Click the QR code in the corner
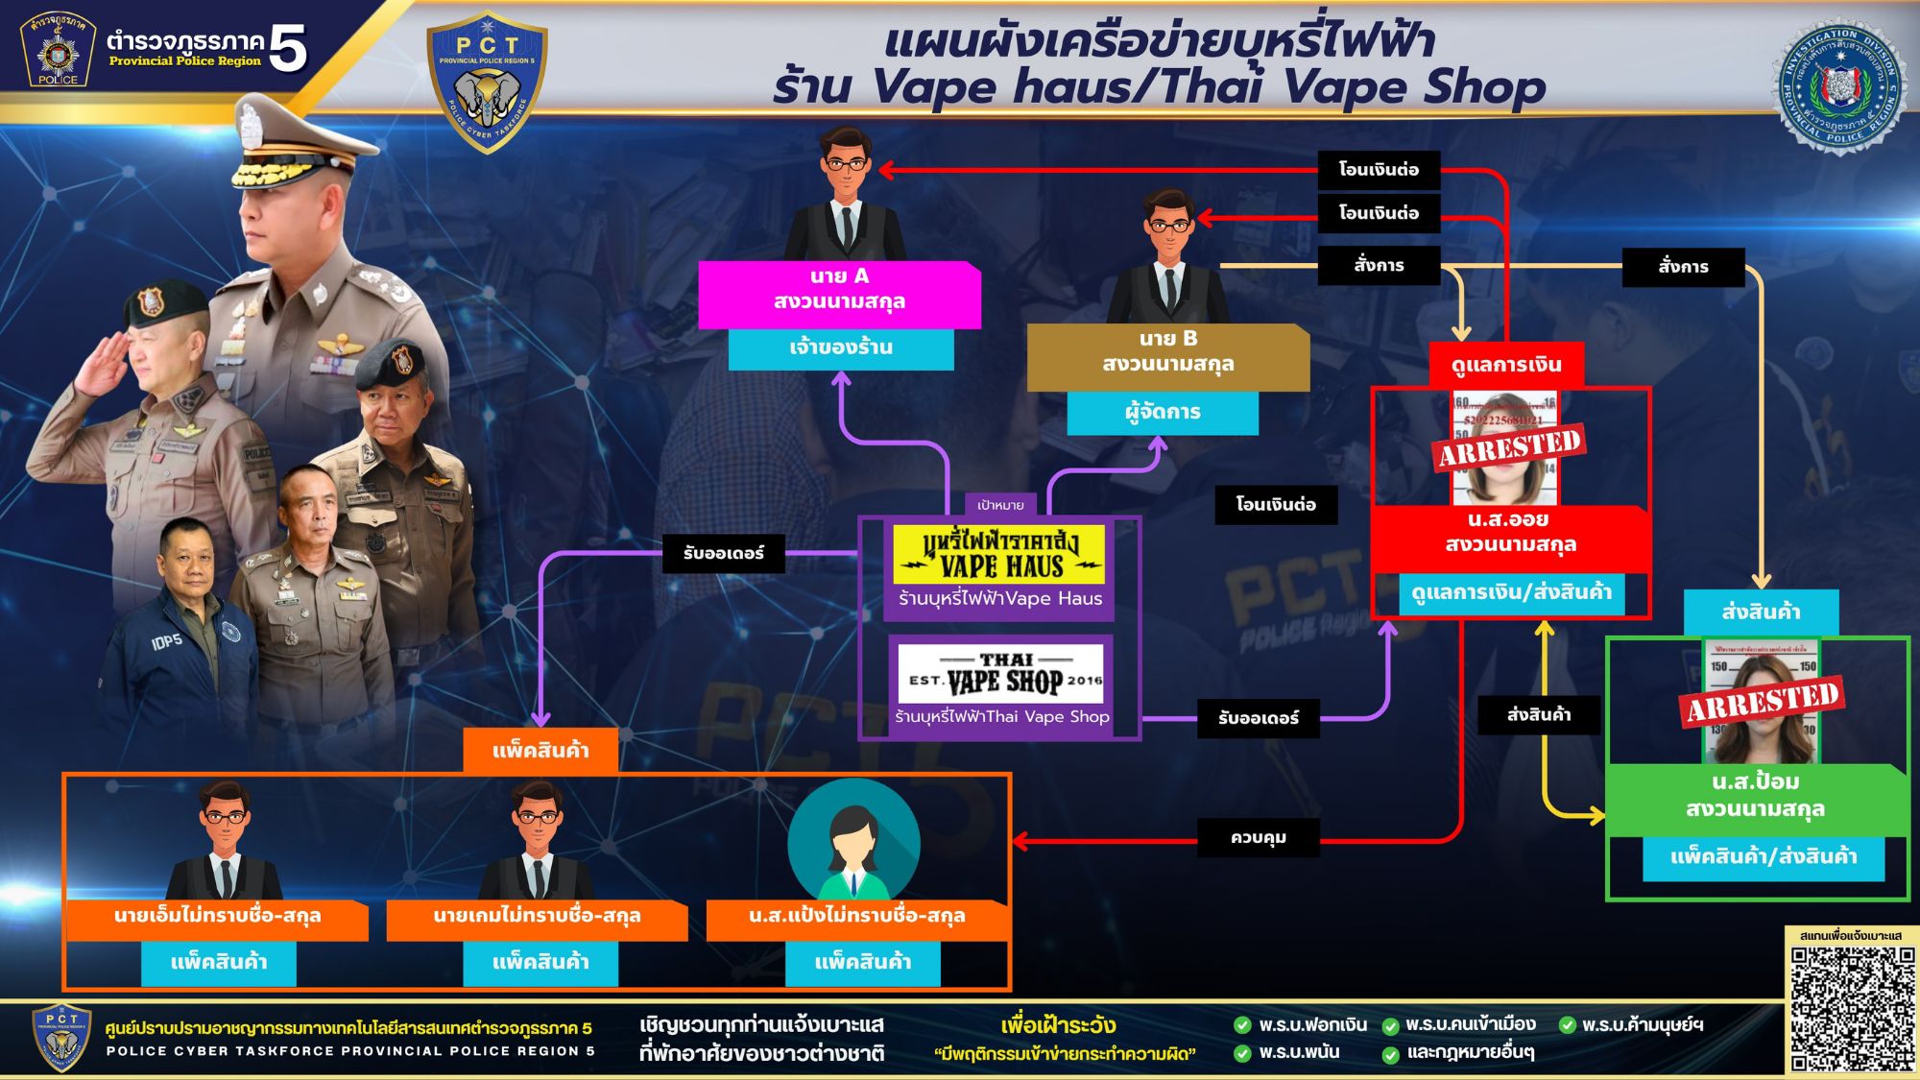(x=1852, y=1008)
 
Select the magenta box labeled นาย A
(x=839, y=290)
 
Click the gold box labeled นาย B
(x=1167, y=352)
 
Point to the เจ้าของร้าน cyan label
(x=841, y=348)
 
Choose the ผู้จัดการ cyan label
(x=1163, y=413)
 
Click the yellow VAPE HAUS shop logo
(x=999, y=555)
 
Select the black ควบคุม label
(x=1258, y=838)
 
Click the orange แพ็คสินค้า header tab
(x=540, y=751)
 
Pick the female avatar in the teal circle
(x=853, y=843)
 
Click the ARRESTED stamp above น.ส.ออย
(x=1508, y=447)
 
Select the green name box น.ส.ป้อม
(x=1755, y=796)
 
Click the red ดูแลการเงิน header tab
(x=1506, y=365)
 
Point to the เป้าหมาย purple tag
(x=1000, y=505)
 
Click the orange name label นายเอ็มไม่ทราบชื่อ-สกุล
(x=217, y=916)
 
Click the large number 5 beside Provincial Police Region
(x=287, y=48)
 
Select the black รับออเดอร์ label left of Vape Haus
(x=724, y=554)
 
